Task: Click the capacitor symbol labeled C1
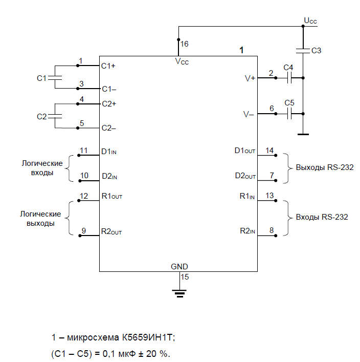coord(55,78)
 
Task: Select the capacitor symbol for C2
coord(55,116)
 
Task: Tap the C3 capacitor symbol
coord(303,51)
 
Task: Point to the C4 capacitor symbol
coord(289,78)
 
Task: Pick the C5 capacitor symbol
coord(289,114)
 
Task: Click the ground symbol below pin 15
coord(179,293)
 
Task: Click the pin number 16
coord(184,44)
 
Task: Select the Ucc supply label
coord(310,21)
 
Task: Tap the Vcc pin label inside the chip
coord(182,61)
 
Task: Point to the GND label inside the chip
coord(179,267)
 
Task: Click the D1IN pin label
coord(109,152)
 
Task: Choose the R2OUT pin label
coord(111,231)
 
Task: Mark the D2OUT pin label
coord(245,176)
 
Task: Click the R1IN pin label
coord(247,196)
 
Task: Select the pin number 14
coord(269,151)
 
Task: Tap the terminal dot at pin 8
coord(276,236)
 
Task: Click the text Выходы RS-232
coord(325,167)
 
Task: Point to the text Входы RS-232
coord(322,217)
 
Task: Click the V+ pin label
coord(250,78)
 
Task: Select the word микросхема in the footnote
coord(93,337)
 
